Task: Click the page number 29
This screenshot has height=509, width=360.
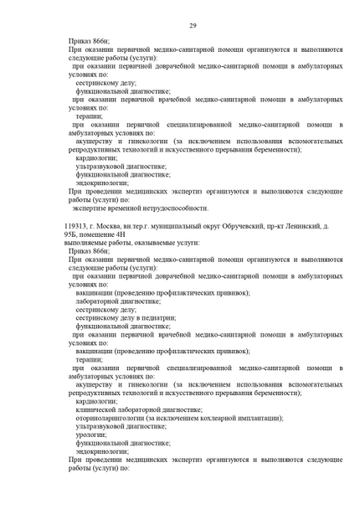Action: coord(193,27)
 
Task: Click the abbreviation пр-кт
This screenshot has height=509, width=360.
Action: coord(273,226)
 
